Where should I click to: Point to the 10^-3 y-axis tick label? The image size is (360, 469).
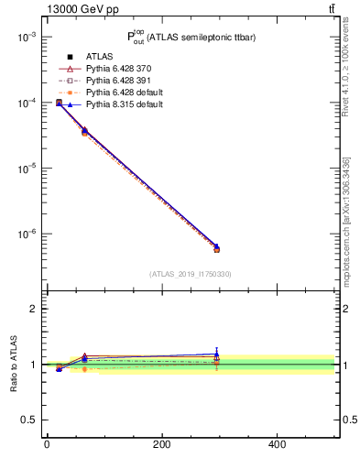[25, 38]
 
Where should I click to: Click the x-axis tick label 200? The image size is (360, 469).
[162, 445]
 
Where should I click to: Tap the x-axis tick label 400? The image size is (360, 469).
[277, 445]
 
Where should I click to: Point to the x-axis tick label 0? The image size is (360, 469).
[47, 445]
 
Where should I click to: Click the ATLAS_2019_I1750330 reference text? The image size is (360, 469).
[191, 274]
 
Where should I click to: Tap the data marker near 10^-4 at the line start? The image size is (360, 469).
[59, 103]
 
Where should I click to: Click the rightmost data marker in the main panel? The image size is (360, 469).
[216, 248]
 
